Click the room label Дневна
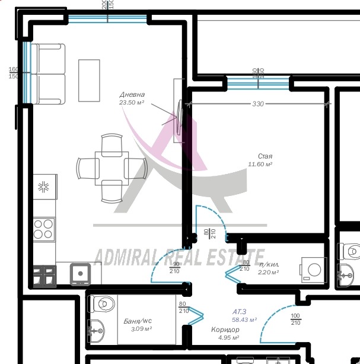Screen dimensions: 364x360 [x=132, y=94]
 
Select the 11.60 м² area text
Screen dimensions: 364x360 [x=260, y=164]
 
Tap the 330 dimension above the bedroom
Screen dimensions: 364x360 [x=257, y=104]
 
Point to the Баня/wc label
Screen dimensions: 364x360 [x=138, y=321]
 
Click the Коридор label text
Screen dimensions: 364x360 [x=225, y=330]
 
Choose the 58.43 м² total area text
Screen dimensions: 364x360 [x=244, y=319]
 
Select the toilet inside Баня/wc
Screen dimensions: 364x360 [x=102, y=304]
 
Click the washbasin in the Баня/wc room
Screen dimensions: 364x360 [x=97, y=327]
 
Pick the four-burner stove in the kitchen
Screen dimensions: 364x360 [x=44, y=228]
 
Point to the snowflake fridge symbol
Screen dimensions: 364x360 [x=44, y=188]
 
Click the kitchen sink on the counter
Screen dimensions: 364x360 [x=79, y=273]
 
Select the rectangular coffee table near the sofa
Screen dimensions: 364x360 [x=89, y=80]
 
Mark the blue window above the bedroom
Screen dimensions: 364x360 [x=257, y=83]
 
